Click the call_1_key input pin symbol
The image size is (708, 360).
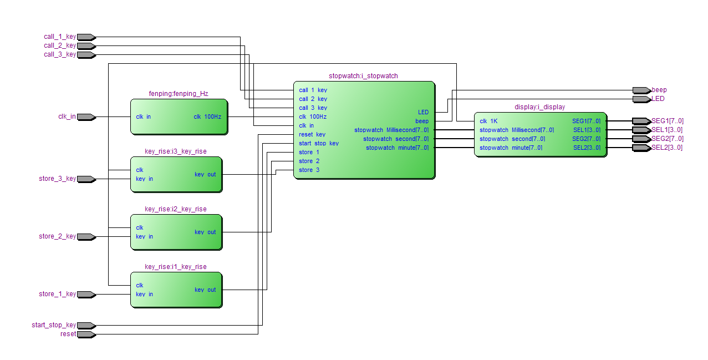86,37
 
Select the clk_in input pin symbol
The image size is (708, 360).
86,117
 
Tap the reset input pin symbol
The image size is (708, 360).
86,334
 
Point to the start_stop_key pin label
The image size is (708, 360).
54,325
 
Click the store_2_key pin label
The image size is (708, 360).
57,236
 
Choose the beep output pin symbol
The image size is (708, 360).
642,90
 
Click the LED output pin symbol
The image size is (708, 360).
642,99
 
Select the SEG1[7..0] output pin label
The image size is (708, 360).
668,121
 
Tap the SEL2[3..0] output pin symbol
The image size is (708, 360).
642,148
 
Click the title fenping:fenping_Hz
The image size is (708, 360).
179,94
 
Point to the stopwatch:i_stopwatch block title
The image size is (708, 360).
363,76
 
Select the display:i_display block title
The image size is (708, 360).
540,107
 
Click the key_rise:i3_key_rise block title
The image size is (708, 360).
176,151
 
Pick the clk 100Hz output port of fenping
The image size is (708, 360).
207,116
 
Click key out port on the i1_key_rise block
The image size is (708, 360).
205,290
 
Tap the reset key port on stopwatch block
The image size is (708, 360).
312,134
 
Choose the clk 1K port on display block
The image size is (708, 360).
488,121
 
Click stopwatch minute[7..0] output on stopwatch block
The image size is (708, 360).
398,148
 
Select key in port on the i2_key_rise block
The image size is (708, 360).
145,237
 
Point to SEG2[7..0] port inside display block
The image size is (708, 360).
587,139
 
